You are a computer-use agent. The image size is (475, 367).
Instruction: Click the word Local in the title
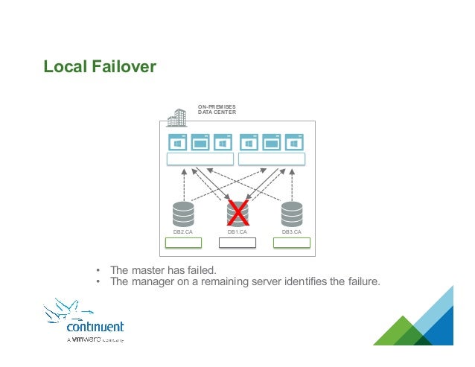(x=63, y=68)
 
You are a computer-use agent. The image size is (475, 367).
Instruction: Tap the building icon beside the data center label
(x=177, y=118)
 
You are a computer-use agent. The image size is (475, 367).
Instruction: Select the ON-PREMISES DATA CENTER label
(x=217, y=109)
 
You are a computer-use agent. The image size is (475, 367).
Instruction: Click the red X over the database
(x=237, y=213)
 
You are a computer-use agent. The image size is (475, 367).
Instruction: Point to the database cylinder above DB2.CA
(x=183, y=214)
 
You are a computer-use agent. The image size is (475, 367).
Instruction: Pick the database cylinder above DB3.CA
(x=291, y=214)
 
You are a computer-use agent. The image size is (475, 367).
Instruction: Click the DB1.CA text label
(x=238, y=232)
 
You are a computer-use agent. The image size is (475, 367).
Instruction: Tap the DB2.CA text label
(x=183, y=232)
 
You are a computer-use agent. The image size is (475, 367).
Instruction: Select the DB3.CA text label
(x=291, y=232)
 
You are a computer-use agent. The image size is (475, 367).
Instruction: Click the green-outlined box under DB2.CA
(x=183, y=243)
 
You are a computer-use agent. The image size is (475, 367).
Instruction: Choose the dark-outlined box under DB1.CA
(x=238, y=243)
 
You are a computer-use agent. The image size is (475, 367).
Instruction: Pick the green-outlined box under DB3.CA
(x=291, y=243)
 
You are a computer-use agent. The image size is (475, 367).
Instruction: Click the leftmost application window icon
(x=178, y=142)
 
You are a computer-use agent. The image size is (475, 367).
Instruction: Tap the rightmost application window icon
(x=294, y=142)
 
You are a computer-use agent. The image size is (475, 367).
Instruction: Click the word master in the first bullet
(x=149, y=269)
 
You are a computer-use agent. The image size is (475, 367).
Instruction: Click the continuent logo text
(x=95, y=327)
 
